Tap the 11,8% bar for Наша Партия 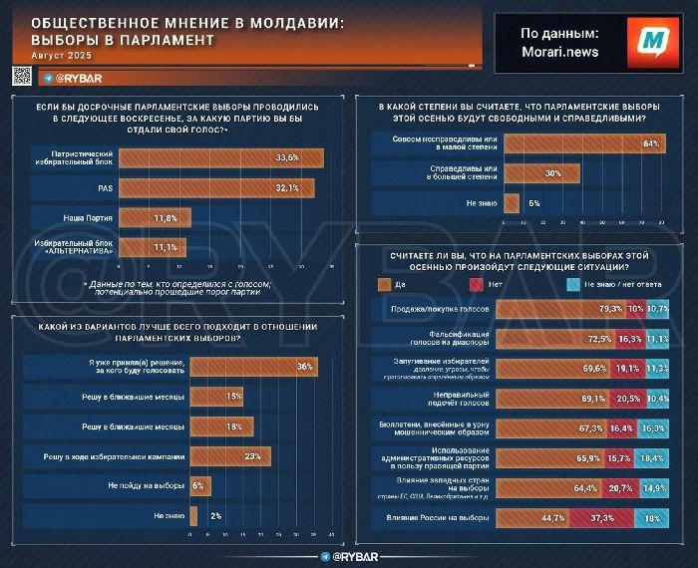click(x=155, y=217)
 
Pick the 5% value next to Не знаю click(x=534, y=202)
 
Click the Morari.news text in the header click(x=560, y=51)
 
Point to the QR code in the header click(x=21, y=77)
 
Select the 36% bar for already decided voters click(x=253, y=367)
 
